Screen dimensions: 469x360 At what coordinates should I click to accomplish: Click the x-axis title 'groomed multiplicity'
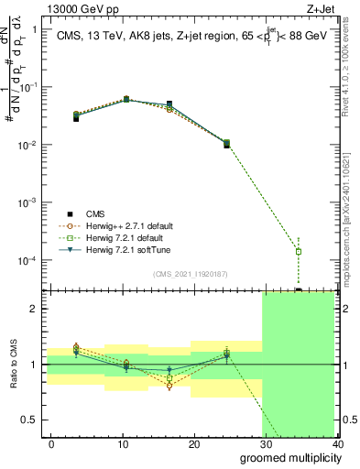click(x=287, y=457)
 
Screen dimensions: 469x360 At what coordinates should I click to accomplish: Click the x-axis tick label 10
click(x=124, y=444)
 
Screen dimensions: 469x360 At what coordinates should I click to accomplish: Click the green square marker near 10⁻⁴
click(x=298, y=251)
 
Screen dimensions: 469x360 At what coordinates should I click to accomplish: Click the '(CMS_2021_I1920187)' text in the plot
click(x=191, y=274)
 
